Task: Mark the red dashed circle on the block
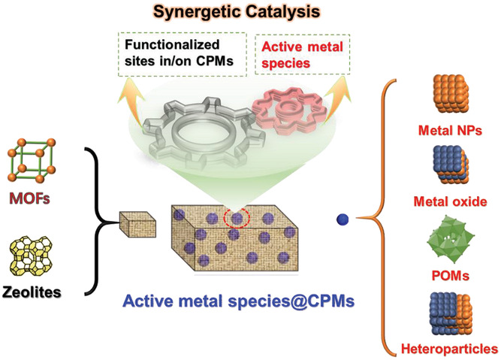(x=238, y=217)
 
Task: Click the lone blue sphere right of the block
(x=343, y=219)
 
